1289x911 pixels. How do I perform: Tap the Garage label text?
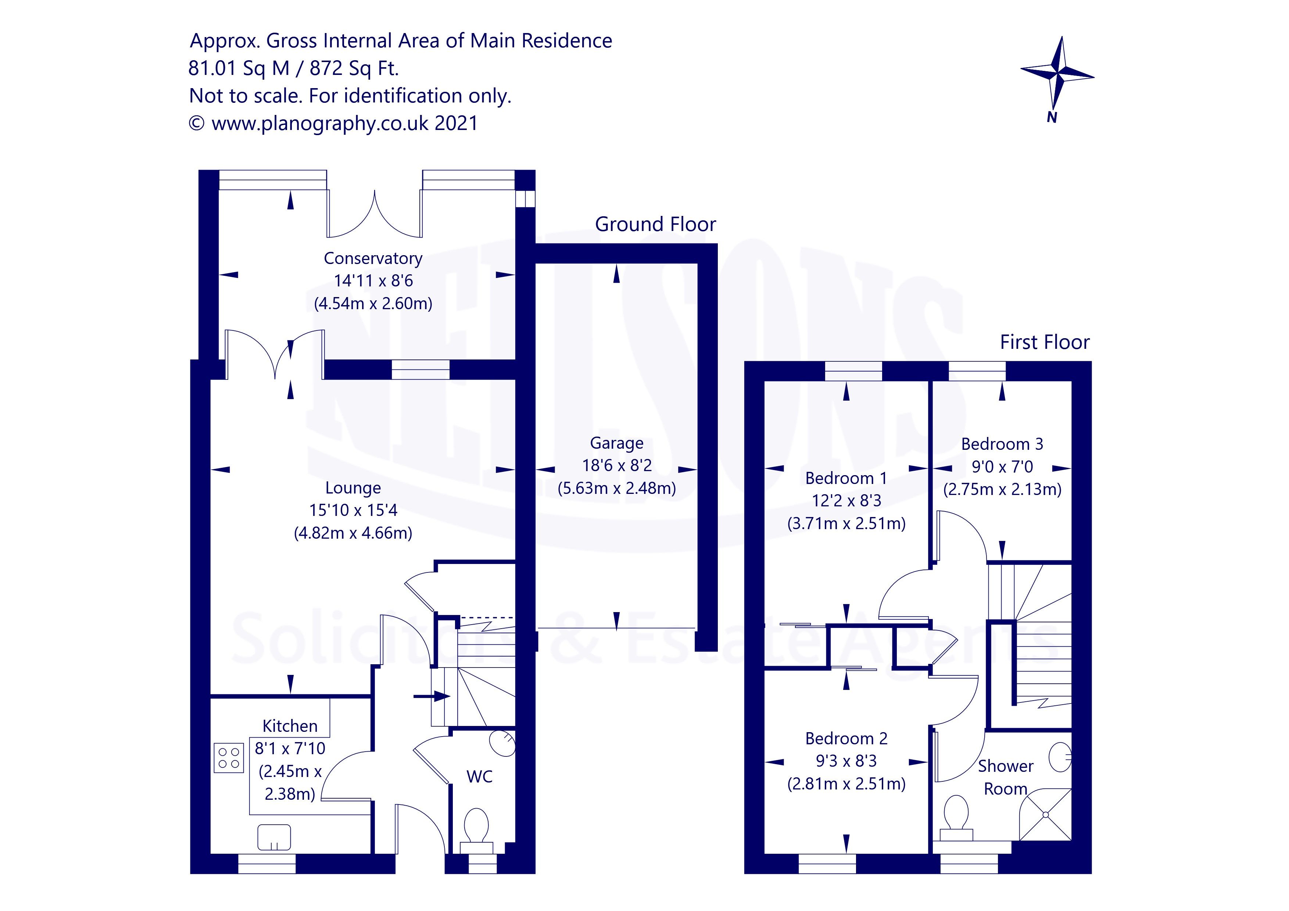[616, 443]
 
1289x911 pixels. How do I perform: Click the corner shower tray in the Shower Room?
[1045, 815]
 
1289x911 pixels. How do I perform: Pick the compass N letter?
[1052, 117]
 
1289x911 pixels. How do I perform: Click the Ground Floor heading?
[655, 224]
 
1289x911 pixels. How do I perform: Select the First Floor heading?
[1044, 342]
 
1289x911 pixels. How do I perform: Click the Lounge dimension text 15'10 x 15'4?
[353, 510]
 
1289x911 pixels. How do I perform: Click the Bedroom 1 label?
[846, 478]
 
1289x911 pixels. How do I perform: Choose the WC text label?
[479, 777]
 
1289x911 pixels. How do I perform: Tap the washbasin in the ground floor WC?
[502, 743]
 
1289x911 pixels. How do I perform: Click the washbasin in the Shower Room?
[1060, 757]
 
